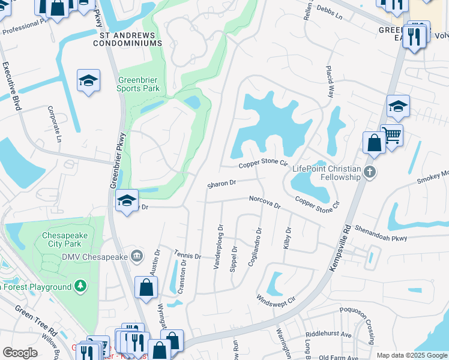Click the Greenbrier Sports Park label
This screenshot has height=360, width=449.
point(139,85)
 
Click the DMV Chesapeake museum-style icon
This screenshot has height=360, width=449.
point(137,257)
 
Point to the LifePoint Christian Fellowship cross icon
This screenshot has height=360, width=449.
point(370,173)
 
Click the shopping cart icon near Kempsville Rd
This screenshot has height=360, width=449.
point(392,136)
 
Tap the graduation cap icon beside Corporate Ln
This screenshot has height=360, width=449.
point(88,82)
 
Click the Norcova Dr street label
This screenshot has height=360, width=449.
point(265,202)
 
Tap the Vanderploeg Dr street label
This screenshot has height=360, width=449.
point(219,248)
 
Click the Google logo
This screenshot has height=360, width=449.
point(20,353)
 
